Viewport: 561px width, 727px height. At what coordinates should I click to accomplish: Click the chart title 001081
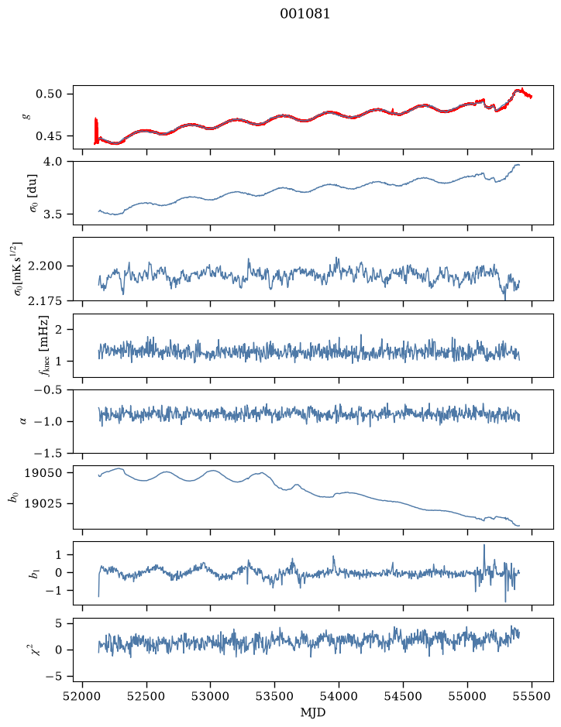coord(305,13)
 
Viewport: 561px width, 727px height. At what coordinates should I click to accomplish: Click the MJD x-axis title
coord(313,712)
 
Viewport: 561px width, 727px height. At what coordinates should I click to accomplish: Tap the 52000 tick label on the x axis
coord(83,696)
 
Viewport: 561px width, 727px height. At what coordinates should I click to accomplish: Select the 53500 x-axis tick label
coord(275,696)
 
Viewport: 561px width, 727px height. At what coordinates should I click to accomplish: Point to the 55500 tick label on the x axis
coord(532,696)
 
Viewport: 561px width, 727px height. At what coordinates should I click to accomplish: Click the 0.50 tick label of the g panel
coord(48,94)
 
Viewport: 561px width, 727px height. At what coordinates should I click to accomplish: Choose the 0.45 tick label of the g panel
coord(48,136)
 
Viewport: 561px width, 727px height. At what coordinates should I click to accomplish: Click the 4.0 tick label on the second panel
coord(53,161)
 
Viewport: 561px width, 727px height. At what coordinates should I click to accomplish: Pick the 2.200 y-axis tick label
coord(46,266)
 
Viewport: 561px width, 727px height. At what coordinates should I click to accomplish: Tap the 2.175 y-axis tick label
coord(46,301)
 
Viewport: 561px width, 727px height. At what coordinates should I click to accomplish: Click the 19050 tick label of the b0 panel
coord(43,473)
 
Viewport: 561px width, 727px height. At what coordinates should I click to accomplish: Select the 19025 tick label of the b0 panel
coord(43,503)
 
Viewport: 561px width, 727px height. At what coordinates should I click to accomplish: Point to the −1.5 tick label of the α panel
coord(48,452)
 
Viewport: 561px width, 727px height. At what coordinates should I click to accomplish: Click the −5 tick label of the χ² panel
coord(53,677)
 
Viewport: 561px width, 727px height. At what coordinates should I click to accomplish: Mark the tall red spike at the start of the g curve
coord(96,131)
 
